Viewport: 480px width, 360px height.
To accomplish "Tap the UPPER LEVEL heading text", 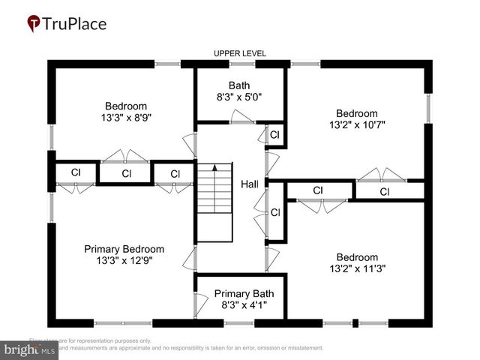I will tap(240, 54).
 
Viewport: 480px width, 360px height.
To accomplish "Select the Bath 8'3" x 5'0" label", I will tap(240, 91).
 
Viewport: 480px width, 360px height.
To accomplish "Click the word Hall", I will tap(250, 184).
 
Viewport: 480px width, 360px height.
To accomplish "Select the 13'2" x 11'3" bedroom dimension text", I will tap(357, 268).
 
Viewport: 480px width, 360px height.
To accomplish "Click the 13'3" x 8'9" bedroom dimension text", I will tap(126, 118).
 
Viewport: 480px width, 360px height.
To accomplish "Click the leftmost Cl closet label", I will tap(76, 172).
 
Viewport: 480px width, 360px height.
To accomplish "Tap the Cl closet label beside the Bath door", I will tap(274, 135).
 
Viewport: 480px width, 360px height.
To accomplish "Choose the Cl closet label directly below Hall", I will tap(274, 213).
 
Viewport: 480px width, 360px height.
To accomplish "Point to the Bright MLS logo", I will tap(30, 349).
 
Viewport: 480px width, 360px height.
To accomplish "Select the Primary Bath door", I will tap(200, 303).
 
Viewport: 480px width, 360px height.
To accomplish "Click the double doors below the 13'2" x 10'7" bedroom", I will tap(382, 176).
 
